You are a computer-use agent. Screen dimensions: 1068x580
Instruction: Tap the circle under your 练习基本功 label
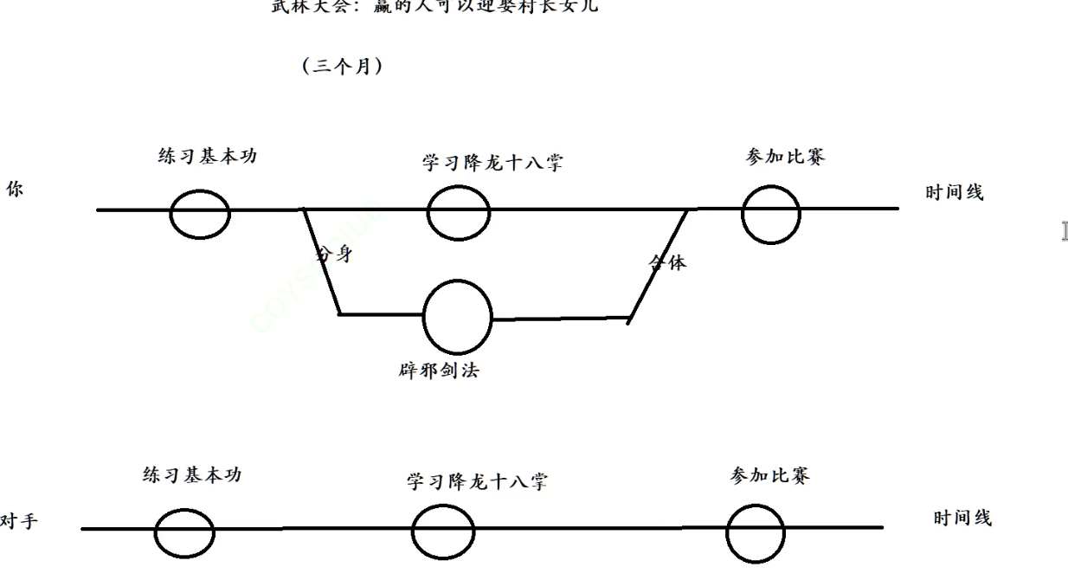click(199, 213)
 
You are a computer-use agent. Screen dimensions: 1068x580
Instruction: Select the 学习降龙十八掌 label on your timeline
click(492, 163)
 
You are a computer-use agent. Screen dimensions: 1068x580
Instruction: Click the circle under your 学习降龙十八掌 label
click(458, 212)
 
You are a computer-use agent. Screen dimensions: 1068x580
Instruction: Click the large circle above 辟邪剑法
click(458, 316)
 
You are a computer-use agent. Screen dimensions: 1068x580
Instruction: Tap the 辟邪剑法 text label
click(445, 373)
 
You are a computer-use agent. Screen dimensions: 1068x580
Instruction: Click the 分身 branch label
click(335, 255)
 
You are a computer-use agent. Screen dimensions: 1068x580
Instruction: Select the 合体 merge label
click(669, 261)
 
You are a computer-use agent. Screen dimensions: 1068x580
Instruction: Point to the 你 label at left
click(15, 191)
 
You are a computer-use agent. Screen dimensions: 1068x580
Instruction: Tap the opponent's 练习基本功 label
click(192, 475)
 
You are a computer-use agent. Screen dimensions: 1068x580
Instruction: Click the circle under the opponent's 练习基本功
click(185, 531)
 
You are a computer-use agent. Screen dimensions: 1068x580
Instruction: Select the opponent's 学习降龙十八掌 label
click(477, 481)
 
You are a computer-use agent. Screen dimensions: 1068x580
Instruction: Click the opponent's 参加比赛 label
click(770, 475)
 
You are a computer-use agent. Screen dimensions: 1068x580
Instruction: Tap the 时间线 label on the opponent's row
click(962, 518)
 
